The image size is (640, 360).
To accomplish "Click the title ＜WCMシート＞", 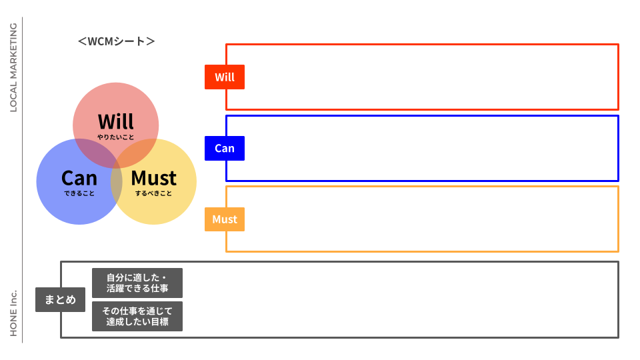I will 116,41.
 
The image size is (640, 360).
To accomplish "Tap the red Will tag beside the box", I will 225,77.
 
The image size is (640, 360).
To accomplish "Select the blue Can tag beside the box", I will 225,148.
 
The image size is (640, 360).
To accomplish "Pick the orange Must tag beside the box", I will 225,219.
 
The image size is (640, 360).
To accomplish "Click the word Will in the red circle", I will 116,121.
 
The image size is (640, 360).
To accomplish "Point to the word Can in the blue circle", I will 79,178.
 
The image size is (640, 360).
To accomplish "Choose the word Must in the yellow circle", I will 153,178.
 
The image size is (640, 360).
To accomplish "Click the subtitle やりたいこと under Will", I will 116,137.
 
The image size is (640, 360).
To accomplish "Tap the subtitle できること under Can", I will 79,193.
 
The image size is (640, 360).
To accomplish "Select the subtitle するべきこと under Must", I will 153,193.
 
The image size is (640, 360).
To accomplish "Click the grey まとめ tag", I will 60,299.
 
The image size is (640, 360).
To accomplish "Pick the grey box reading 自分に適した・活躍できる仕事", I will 137,283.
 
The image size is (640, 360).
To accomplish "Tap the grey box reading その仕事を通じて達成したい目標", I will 137,316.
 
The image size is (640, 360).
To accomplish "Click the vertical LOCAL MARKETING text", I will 13,67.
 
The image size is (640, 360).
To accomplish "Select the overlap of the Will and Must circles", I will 139,152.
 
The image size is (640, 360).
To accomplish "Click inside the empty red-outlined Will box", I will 427,77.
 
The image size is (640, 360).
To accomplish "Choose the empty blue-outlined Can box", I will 427,148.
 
